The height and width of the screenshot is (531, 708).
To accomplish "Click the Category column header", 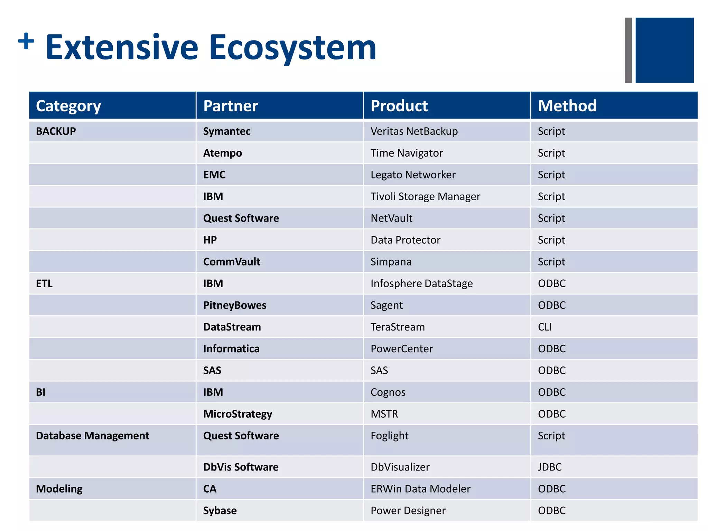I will (68, 106).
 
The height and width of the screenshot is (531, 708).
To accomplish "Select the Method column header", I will (567, 106).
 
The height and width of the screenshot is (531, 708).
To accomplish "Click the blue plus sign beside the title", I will (26, 41).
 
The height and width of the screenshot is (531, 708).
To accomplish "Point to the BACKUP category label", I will (56, 131).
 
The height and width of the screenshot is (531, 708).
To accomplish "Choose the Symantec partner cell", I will (227, 131).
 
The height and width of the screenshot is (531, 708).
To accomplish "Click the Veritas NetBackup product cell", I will (414, 131).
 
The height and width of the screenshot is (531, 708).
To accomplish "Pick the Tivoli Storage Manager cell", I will (425, 197).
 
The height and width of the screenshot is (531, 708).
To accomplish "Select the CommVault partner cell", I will (232, 262).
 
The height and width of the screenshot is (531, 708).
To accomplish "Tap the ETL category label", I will (44, 283).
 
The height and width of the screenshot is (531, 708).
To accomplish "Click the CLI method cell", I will (545, 327).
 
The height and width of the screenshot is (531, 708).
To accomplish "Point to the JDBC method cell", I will (550, 467).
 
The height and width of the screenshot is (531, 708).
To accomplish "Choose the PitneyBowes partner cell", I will (235, 305).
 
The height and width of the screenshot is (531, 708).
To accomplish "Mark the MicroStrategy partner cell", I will (237, 414).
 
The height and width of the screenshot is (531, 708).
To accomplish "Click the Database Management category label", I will (93, 436).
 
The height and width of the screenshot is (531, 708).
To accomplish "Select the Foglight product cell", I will (389, 436).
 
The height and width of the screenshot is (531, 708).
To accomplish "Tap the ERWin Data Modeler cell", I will (420, 489).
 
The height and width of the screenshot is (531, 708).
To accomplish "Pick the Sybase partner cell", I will (220, 511).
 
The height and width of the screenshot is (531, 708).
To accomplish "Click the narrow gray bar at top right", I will (628, 50).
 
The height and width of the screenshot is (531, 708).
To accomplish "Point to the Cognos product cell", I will (388, 392).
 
